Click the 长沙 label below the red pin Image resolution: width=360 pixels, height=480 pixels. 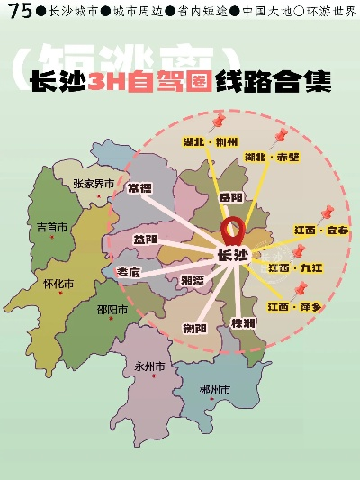tap(233, 256)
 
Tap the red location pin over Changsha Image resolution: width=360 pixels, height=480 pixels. tap(233, 230)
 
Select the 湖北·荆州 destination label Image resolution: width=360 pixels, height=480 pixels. tap(210, 141)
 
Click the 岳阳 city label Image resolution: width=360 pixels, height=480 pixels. tap(230, 196)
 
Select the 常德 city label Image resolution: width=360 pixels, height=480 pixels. tap(139, 188)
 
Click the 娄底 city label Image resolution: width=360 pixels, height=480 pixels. tap(129, 272)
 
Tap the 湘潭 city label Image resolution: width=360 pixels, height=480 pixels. tap(192, 281)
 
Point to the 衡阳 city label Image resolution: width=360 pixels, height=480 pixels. tap(194, 327)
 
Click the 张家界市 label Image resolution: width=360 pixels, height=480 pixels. tap(94, 184)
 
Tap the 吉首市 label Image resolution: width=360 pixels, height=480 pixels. tap(51, 228)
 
